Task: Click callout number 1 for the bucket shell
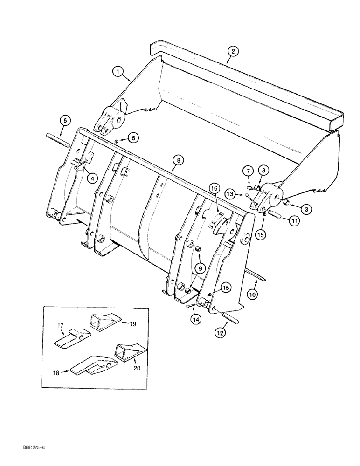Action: click(118, 71)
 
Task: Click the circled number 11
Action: click(294, 222)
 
